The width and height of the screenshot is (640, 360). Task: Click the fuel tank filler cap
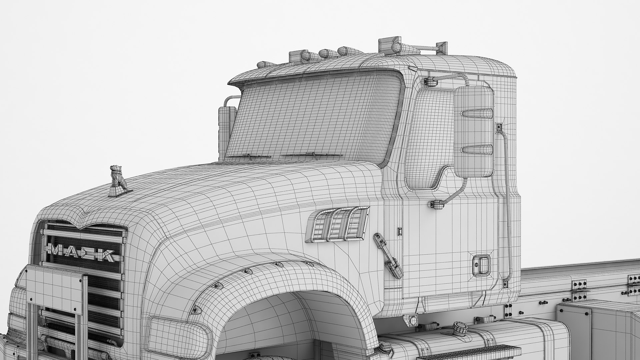click(x=459, y=327)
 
